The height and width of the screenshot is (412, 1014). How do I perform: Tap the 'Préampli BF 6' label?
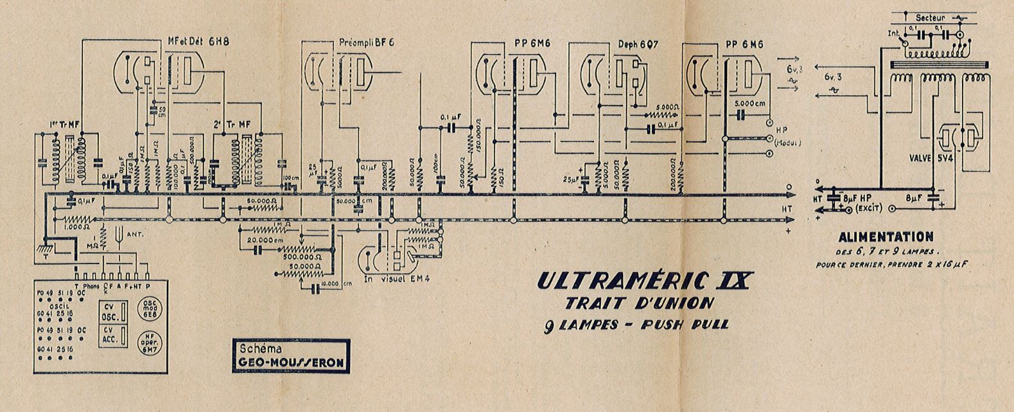tap(366, 42)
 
